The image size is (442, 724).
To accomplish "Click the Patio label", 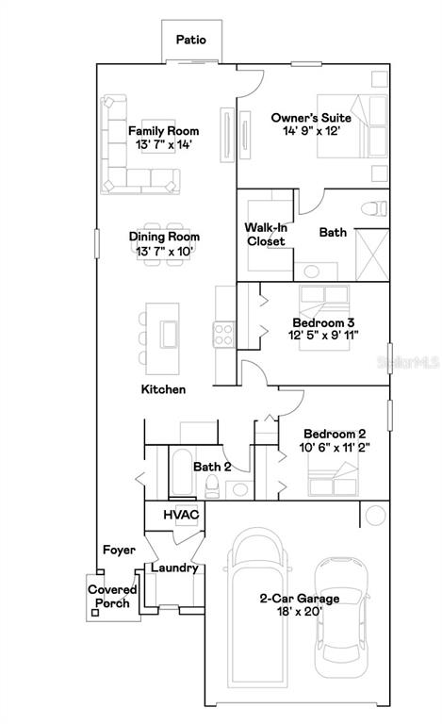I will coord(191,41).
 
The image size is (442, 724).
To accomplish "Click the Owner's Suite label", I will coord(311,117).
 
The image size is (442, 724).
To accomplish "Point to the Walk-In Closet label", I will coord(266,235).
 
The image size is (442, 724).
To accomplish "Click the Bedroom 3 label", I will coord(324,322).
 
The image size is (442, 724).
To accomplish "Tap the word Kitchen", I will coord(163,389).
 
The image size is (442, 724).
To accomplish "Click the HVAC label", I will coord(180,516).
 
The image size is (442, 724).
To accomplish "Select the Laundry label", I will coord(174,568).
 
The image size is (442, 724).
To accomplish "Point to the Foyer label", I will coord(119,550).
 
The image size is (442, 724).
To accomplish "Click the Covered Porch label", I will coord(112,597).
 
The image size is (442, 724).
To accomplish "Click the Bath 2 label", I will coord(212,466).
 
